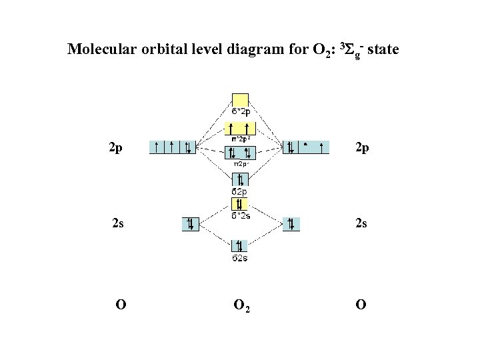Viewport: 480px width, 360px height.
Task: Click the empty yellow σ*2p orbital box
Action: [240, 100]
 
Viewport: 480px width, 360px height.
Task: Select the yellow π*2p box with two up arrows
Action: [240, 129]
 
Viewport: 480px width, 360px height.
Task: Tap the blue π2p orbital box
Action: [240, 153]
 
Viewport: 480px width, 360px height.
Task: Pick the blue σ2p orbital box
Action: [240, 179]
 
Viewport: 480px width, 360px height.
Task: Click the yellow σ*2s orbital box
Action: [240, 203]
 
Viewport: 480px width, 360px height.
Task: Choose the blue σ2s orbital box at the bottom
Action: [240, 246]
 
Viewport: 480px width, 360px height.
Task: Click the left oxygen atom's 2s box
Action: [191, 224]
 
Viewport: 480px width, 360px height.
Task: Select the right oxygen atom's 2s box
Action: [291, 224]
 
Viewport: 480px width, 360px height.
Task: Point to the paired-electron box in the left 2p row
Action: [188, 147]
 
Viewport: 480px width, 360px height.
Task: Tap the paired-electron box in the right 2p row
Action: [291, 147]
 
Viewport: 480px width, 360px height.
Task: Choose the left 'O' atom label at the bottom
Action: [121, 305]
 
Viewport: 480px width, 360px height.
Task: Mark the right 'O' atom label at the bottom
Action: [361, 305]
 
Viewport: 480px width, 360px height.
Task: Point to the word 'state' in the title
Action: [383, 50]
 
